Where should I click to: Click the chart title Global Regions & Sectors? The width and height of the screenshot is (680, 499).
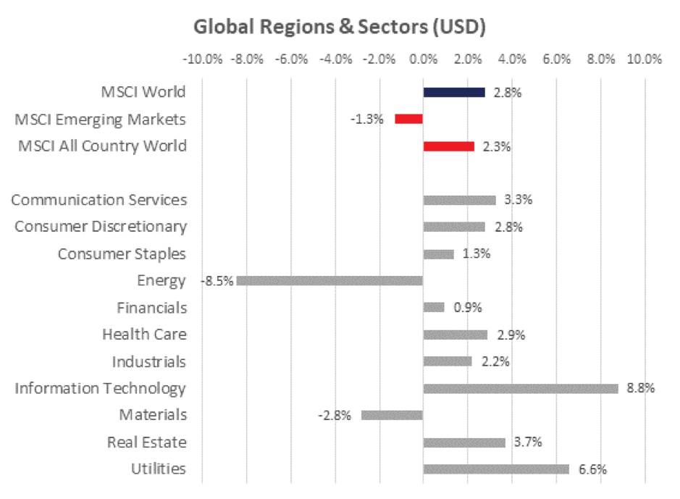(x=339, y=27)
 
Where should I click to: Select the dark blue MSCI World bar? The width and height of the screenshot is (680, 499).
(x=454, y=92)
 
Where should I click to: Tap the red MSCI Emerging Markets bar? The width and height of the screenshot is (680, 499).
(x=408, y=119)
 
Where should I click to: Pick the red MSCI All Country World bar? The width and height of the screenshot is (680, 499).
(x=448, y=146)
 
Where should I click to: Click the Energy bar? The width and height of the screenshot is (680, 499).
(x=329, y=280)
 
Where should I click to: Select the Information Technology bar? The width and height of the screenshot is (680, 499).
(x=520, y=388)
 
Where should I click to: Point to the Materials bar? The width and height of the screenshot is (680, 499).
(x=392, y=415)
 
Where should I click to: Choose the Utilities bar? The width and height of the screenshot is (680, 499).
(x=496, y=469)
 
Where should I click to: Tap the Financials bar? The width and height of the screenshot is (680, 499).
(x=433, y=307)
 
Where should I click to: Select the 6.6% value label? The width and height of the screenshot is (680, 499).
(x=592, y=469)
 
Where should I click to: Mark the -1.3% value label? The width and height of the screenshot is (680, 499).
(x=369, y=119)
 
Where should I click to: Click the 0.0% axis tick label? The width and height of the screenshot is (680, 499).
(x=423, y=59)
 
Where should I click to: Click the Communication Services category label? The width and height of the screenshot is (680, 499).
(x=98, y=200)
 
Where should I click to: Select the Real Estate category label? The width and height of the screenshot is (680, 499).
(x=146, y=442)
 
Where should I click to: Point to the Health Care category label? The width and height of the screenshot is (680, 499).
(x=144, y=334)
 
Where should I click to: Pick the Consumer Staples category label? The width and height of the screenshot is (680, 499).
(x=122, y=253)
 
